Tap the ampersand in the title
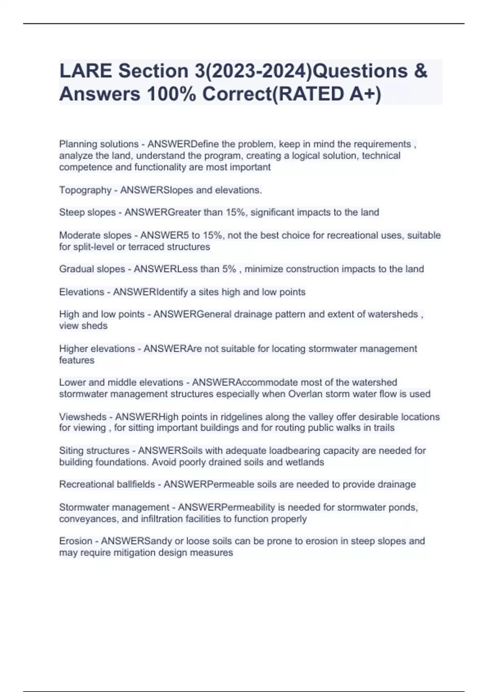[x=420, y=71]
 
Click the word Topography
[x=85, y=190]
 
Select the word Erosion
[x=76, y=541]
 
